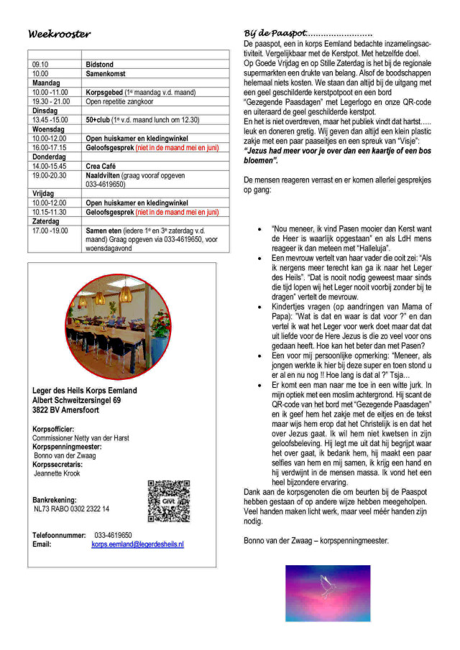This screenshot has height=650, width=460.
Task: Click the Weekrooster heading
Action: pyautogui.click(x=59, y=34)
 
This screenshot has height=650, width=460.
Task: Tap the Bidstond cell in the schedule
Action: pyautogui.click(x=100, y=65)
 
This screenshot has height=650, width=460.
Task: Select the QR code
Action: pyautogui.click(x=168, y=501)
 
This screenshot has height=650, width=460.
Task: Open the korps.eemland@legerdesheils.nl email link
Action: pyautogui.click(x=137, y=544)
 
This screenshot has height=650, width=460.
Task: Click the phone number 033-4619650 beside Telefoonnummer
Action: pyautogui.click(x=113, y=535)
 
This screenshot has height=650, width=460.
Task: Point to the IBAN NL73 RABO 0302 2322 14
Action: pyautogui.click(x=72, y=509)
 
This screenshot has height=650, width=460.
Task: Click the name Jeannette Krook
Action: pyautogui.click(x=57, y=473)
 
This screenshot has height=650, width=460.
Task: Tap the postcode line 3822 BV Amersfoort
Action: pyautogui.click(x=66, y=410)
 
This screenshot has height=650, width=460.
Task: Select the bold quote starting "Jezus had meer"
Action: pyautogui.click(x=337, y=157)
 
